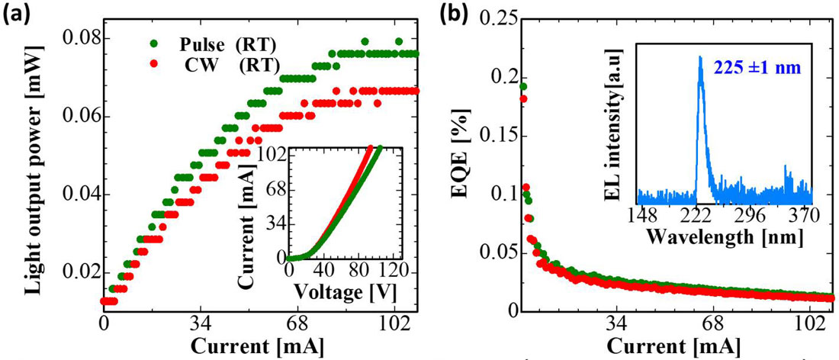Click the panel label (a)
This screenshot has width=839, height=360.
17,18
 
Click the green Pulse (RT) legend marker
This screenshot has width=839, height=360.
156,42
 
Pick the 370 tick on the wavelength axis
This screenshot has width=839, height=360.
801,214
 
